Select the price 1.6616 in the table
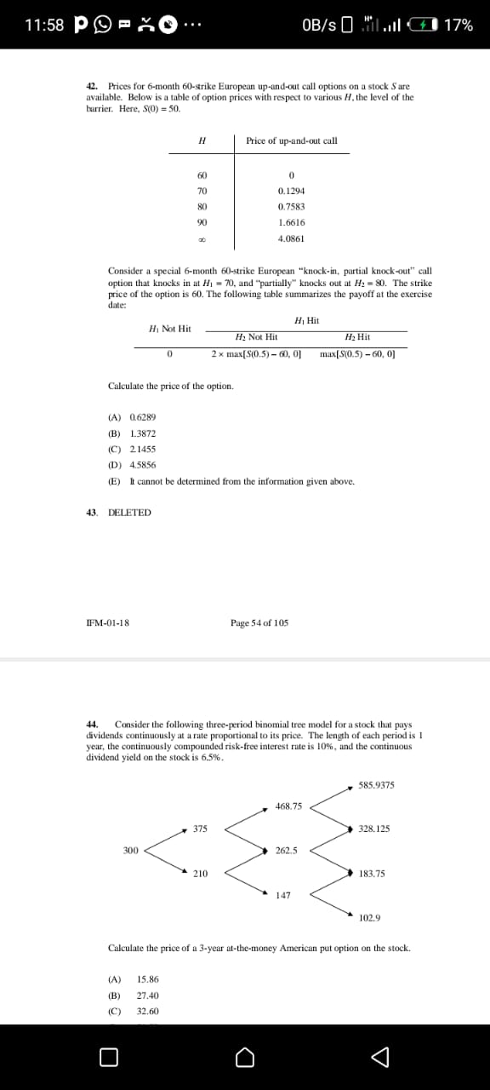(291, 222)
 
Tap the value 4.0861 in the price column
(291, 238)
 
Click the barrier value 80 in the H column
(202, 207)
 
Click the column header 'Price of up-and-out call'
(291, 141)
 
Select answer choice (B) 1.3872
(133, 433)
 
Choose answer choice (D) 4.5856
(133, 465)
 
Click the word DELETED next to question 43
(130, 513)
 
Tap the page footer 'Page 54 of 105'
(259, 622)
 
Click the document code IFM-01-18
(108, 622)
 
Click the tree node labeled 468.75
(288, 805)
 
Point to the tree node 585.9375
(376, 784)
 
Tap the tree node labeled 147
(283, 895)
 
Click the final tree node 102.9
(370, 918)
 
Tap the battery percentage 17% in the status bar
(459, 25)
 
